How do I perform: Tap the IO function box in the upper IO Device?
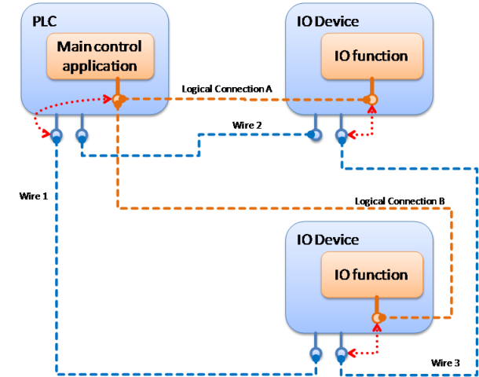point(371,56)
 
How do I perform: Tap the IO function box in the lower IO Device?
point(371,274)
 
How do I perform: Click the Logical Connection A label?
point(227,90)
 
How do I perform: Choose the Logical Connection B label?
point(400,201)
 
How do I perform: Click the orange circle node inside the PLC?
point(118,100)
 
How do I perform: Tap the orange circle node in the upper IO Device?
point(371,100)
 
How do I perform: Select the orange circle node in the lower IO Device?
point(377,317)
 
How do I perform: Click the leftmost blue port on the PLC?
point(57,136)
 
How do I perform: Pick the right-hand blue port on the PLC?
point(82,136)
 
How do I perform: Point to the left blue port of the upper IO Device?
point(314,135)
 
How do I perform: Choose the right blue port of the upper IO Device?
point(341,135)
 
